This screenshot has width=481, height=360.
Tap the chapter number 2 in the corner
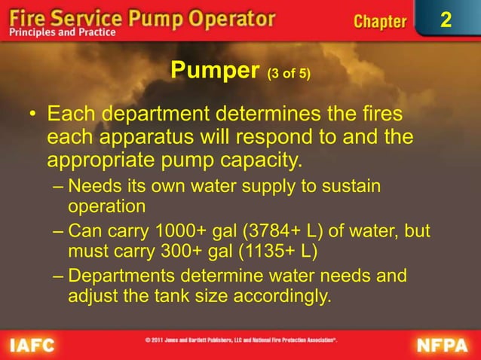pos(445,20)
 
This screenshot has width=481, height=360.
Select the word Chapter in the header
pos(380,21)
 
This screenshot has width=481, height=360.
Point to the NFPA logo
pos(446,344)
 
